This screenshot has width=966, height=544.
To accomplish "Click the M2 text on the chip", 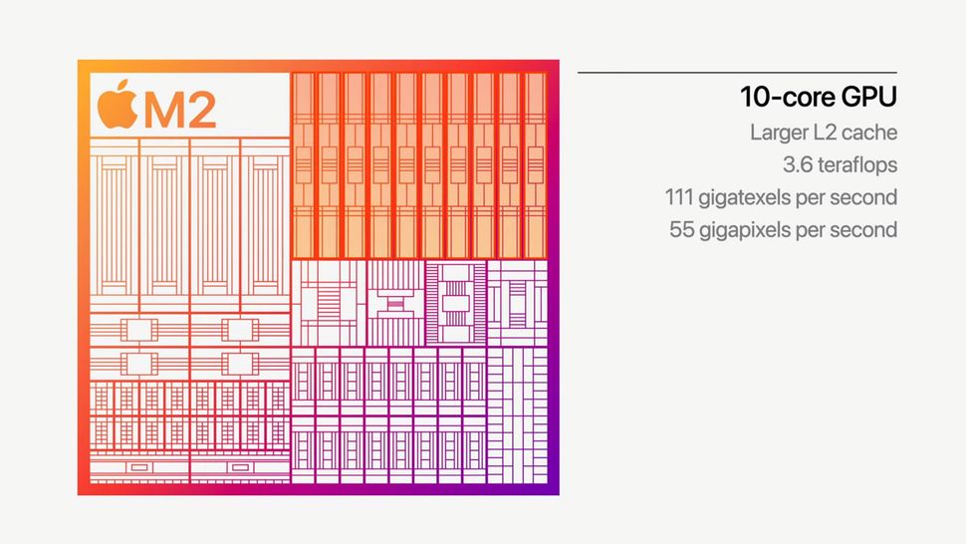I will [179, 110].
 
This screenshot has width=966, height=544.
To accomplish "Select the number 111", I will [681, 197].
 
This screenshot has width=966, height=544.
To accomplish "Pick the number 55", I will [684, 230].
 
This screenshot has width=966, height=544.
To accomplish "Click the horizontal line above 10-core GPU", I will [737, 72].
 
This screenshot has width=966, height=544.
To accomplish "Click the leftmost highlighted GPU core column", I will [304, 164].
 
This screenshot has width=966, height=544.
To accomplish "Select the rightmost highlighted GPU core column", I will [535, 164].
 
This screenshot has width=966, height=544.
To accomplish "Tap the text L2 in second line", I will [830, 133].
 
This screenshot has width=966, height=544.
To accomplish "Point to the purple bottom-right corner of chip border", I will [552, 488].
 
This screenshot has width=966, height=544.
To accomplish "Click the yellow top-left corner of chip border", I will [84, 66].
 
